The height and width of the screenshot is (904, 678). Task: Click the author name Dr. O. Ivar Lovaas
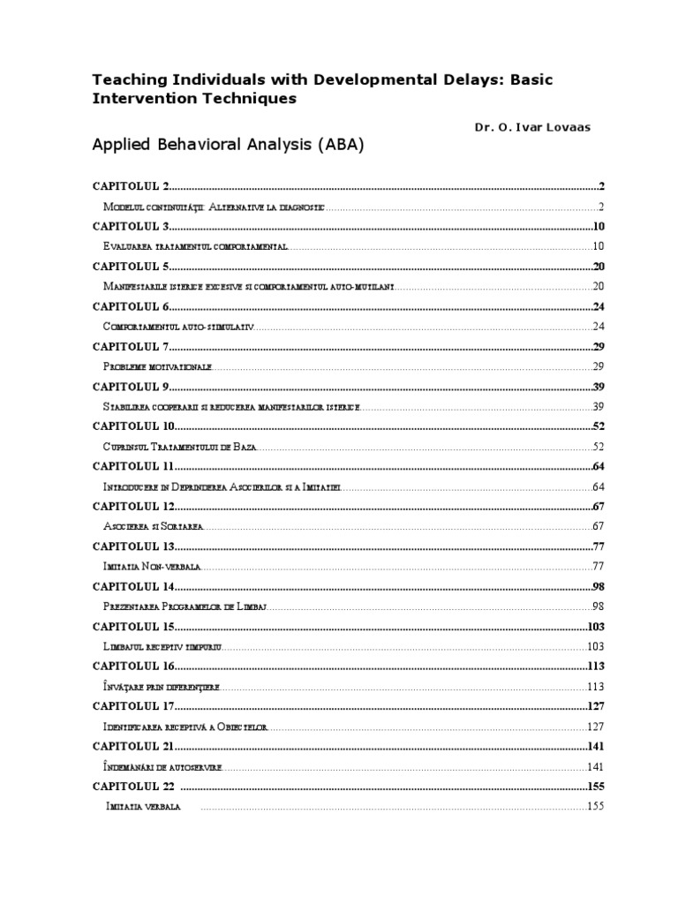coord(532,127)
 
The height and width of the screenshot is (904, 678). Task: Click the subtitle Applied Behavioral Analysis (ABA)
coord(228,146)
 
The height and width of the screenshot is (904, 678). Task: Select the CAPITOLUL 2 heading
coord(131,186)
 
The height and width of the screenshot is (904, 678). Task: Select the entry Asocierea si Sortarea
coord(153,526)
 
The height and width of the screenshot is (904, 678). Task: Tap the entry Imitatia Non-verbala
coord(153,566)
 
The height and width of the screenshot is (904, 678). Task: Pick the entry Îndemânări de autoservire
coord(162,767)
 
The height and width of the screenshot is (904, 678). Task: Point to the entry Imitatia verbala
coord(143,807)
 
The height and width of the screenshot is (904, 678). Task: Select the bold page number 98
coord(597,587)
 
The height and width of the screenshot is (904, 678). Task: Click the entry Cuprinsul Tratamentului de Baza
coord(179,447)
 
